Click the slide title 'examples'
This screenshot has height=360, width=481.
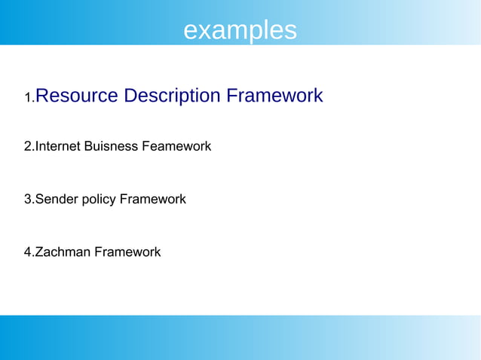(240, 30)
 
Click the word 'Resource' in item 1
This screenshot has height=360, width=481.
(76, 96)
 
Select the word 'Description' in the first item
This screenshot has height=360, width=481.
(172, 96)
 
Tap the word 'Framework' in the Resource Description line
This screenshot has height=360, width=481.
(274, 96)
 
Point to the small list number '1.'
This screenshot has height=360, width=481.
(29, 98)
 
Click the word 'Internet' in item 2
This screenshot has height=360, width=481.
(60, 146)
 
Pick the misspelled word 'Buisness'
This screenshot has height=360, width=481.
(112, 146)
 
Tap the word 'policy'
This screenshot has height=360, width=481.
(98, 200)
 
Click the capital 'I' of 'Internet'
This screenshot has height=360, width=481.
(37, 146)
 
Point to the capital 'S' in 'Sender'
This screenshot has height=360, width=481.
(39, 200)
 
